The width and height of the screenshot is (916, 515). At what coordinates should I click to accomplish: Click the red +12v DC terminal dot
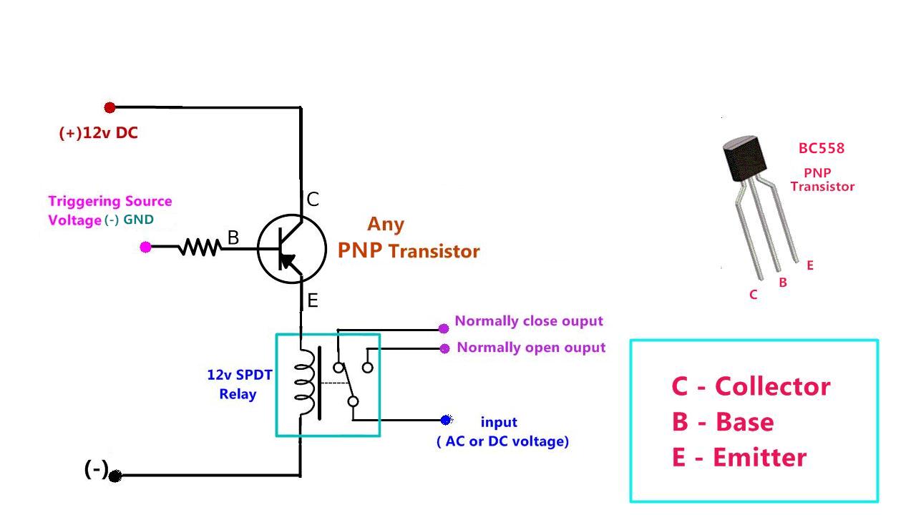pyautogui.click(x=109, y=107)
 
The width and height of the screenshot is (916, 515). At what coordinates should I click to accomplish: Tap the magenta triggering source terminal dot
pyautogui.click(x=145, y=247)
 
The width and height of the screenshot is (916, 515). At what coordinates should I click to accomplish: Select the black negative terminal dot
pyautogui.click(x=115, y=476)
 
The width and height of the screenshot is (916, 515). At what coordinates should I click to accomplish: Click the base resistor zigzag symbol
pyautogui.click(x=200, y=247)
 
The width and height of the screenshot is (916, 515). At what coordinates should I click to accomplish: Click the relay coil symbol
pyautogui.click(x=305, y=383)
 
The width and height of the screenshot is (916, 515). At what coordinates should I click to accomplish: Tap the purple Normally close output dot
pyautogui.click(x=444, y=328)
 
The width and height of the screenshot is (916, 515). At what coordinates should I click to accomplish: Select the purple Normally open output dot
pyautogui.click(x=444, y=348)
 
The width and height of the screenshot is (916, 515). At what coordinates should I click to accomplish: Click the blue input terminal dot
pyautogui.click(x=446, y=420)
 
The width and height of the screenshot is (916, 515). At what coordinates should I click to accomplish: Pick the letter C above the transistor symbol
pyautogui.click(x=313, y=200)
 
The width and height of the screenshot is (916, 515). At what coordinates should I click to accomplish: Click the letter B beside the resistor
pyautogui.click(x=233, y=237)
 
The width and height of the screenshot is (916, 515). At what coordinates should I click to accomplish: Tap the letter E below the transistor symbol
pyautogui.click(x=313, y=301)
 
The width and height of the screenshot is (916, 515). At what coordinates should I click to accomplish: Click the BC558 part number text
pyautogui.click(x=822, y=148)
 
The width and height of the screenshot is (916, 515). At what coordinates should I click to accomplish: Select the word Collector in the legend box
pyautogui.click(x=772, y=386)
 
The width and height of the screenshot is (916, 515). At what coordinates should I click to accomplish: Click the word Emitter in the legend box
pyautogui.click(x=760, y=457)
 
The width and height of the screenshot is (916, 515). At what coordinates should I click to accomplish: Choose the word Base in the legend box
pyautogui.click(x=745, y=422)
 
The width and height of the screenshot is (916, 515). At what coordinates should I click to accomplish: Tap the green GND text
pyautogui.click(x=139, y=220)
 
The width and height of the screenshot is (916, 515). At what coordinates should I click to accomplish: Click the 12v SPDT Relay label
pyautogui.click(x=239, y=384)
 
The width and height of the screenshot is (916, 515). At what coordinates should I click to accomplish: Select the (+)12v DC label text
pyautogui.click(x=99, y=133)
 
